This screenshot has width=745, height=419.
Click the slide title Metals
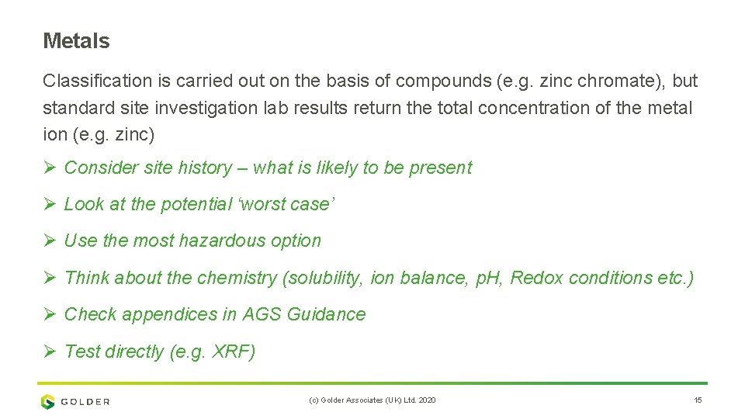coord(76,41)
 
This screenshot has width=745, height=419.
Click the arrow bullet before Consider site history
coord(50,168)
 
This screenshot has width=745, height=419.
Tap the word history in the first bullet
coord(205,168)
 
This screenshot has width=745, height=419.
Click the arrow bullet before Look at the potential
coord(50,204)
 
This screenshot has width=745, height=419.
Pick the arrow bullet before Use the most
coord(50,241)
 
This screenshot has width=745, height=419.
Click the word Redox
coord(536,278)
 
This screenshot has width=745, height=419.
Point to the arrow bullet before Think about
coord(50,278)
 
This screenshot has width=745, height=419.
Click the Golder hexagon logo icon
coord(48,401)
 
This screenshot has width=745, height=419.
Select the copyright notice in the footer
coord(372,400)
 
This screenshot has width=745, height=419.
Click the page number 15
coord(698,400)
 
